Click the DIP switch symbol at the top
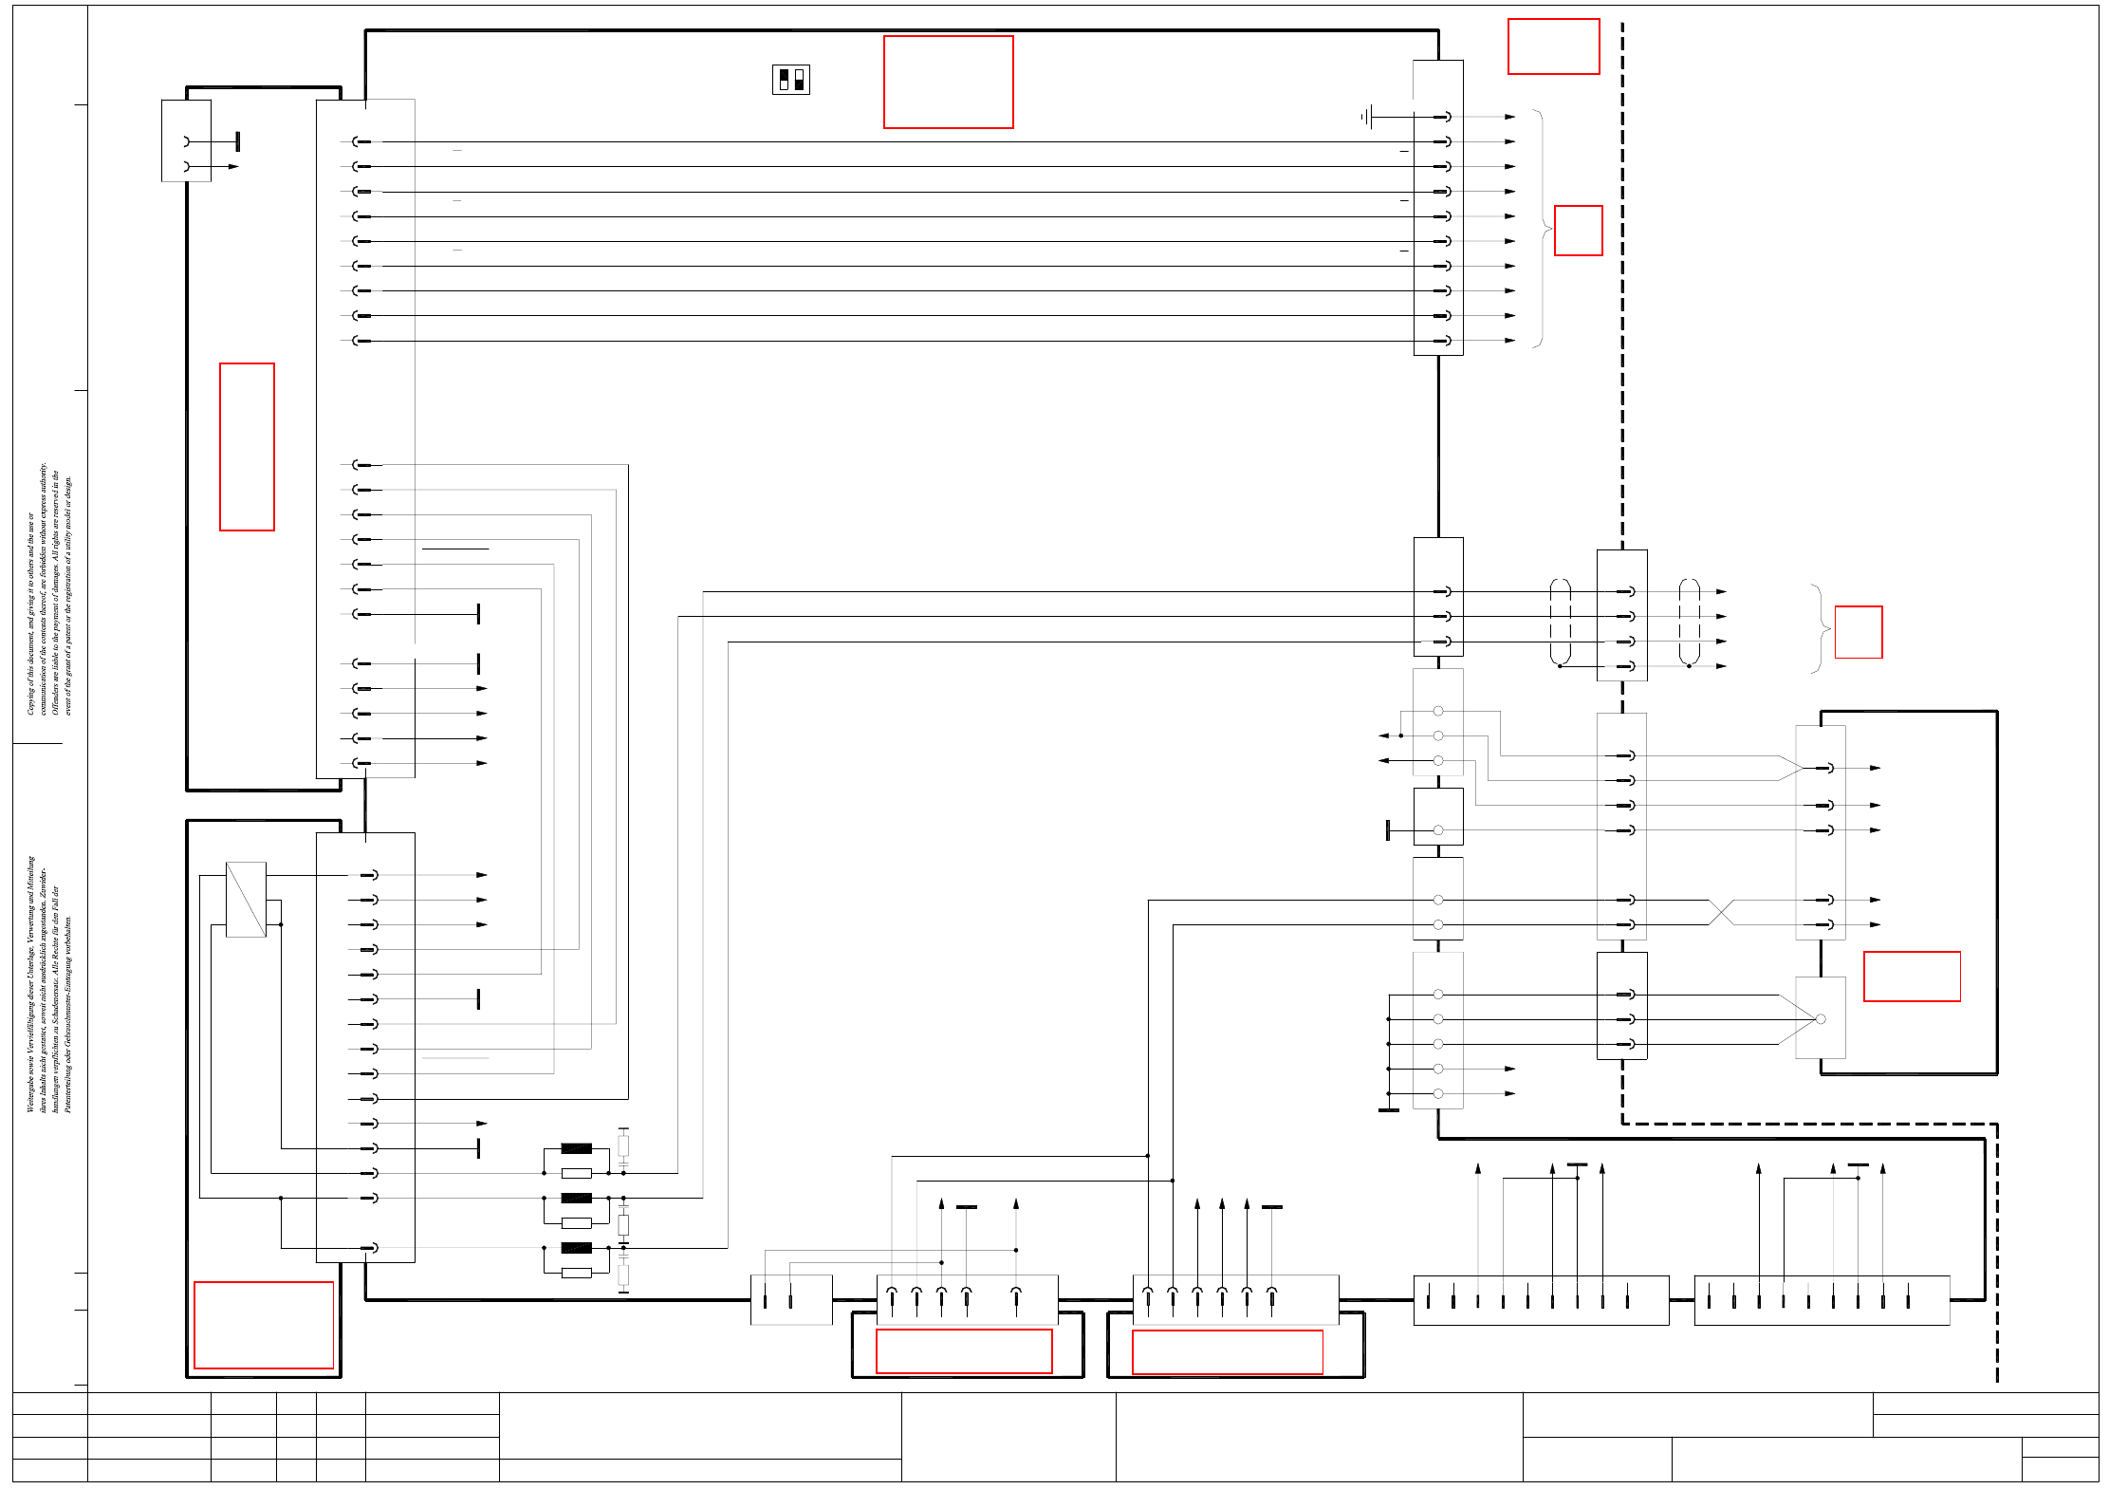(x=790, y=80)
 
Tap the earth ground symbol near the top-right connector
(x=1366, y=117)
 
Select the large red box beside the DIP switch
(x=948, y=82)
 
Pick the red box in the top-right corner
(x=1553, y=47)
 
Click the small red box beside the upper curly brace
(x=1578, y=231)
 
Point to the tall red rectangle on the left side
(x=247, y=446)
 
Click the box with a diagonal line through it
(x=246, y=899)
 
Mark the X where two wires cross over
(x=1721, y=912)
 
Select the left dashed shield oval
(x=1560, y=622)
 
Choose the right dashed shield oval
(x=1689, y=622)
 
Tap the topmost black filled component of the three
(x=576, y=1148)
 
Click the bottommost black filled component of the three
(x=576, y=1248)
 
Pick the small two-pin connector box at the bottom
(x=790, y=1299)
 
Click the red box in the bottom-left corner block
(x=264, y=1325)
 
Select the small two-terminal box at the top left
(x=186, y=140)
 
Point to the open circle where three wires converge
(x=1820, y=1019)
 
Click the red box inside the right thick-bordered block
(x=1912, y=976)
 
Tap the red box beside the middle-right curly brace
(x=1858, y=632)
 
